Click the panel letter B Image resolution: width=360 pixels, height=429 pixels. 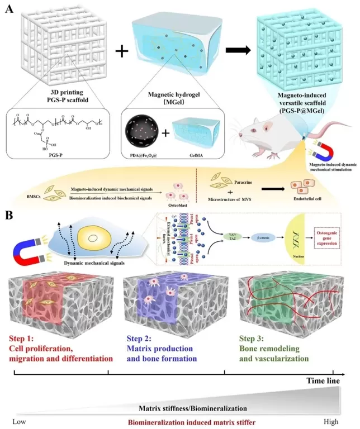(x=9, y=214)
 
